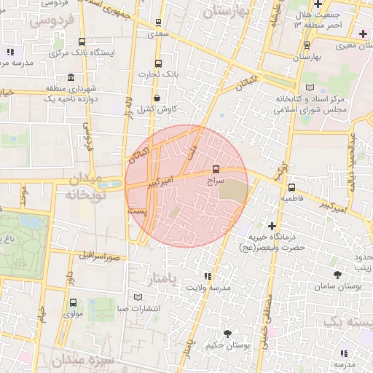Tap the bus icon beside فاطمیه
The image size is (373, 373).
coord(291,186)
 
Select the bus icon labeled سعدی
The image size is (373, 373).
coord(159,23)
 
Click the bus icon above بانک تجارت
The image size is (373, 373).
coord(159,63)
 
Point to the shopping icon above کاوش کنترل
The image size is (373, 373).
coord(157,98)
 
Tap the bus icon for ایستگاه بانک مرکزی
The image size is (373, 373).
coord(80,42)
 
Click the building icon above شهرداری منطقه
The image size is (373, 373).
coord(71,77)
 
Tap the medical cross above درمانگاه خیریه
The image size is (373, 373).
coord(272,226)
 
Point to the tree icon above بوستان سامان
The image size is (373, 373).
coord(337,275)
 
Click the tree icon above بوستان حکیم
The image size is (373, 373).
coord(227,334)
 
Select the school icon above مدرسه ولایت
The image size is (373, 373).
coord(208,276)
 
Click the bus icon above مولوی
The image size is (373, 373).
coord(72,302)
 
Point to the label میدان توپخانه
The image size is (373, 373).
coord(88,187)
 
